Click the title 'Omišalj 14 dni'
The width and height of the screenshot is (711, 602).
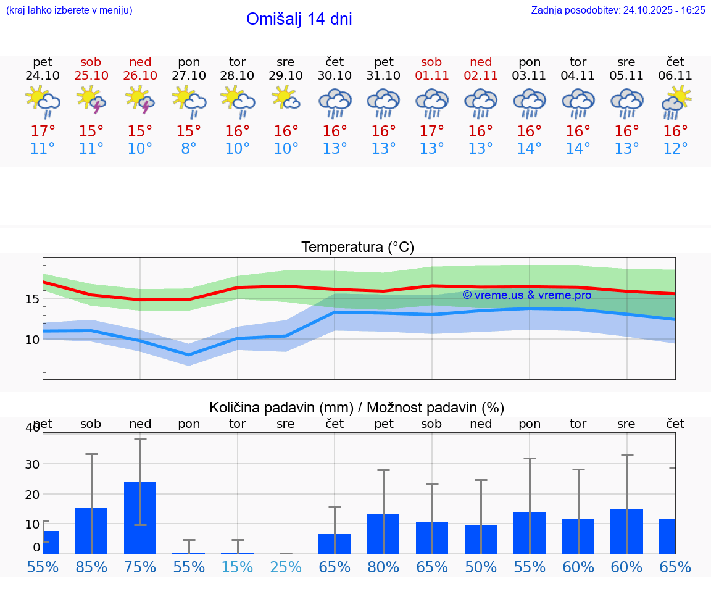coord(299,19)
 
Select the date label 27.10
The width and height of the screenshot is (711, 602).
coord(189,75)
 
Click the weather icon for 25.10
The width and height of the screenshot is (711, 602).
coord(91,100)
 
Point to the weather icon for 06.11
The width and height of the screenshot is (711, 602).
coord(676,102)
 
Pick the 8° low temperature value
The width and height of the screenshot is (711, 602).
coord(189,149)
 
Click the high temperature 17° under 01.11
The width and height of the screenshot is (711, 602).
coord(431,132)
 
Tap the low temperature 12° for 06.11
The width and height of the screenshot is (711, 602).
coord(676,149)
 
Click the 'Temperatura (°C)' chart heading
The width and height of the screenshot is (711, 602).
coord(357,247)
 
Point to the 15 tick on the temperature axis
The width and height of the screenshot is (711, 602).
coord(32,299)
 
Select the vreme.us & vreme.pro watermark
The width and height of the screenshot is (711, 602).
coord(526,295)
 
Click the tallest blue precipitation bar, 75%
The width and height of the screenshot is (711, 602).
coord(140,517)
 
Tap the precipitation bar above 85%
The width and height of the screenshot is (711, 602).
coord(91,530)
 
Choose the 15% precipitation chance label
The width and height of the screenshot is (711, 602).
coord(238,567)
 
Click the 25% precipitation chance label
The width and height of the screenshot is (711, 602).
coord(286,567)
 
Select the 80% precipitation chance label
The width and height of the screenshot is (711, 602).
coord(383,567)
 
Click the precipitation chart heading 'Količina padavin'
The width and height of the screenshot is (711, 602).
coord(357,408)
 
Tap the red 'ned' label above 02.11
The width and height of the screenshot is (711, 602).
coord(481,62)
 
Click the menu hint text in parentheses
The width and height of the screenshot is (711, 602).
coord(69,10)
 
